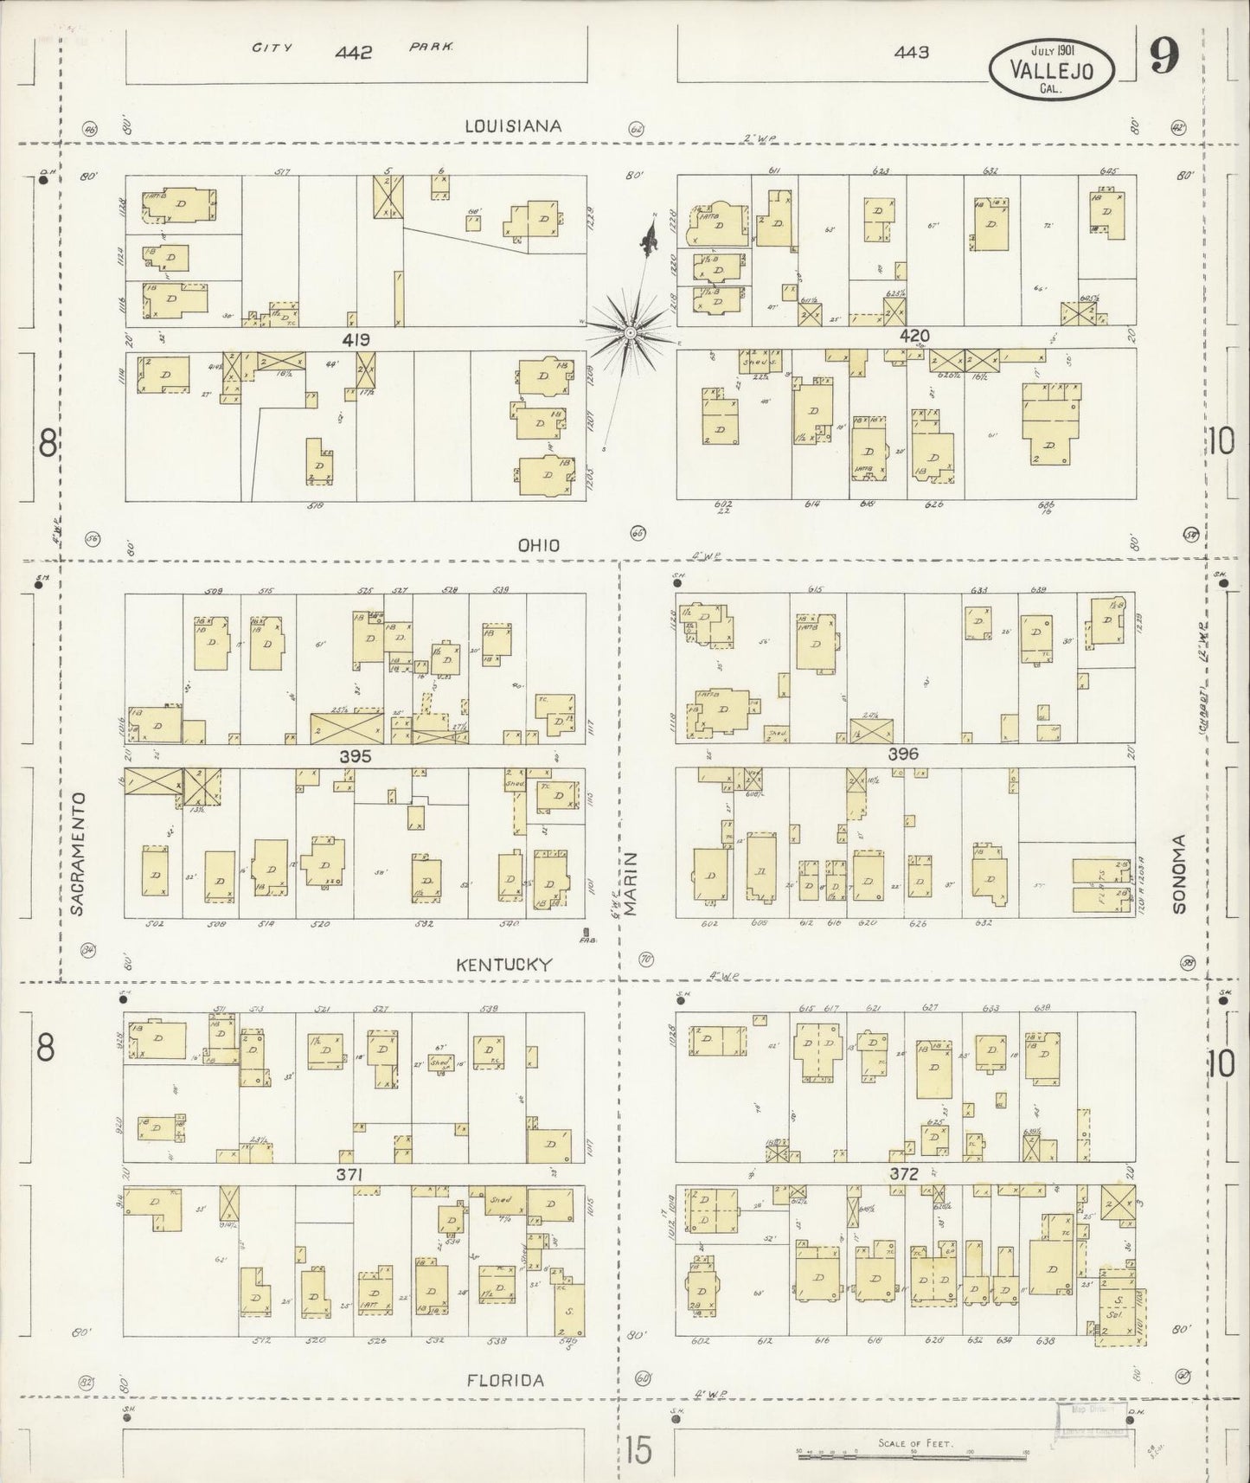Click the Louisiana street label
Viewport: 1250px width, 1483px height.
tap(513, 125)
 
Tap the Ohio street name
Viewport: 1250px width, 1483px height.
tap(538, 545)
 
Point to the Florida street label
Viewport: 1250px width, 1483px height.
tap(505, 1381)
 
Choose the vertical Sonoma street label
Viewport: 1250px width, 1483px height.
tap(1180, 873)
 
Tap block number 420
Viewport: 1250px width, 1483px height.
tap(912, 336)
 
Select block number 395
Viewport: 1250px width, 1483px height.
tap(355, 755)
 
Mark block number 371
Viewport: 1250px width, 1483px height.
tap(355, 1174)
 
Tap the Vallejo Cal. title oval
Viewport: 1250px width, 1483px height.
tap(1051, 67)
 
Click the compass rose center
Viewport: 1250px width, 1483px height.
tap(630, 332)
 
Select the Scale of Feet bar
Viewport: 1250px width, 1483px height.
tap(913, 1456)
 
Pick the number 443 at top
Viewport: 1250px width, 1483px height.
tap(912, 52)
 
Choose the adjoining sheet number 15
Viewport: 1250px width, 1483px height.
tap(638, 1450)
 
